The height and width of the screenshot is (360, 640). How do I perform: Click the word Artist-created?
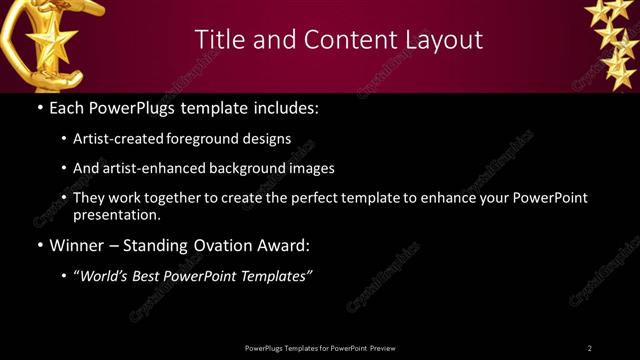(x=120, y=139)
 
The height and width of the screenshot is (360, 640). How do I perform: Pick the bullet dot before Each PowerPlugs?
(x=39, y=106)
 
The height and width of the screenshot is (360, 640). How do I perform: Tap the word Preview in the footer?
(x=382, y=348)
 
